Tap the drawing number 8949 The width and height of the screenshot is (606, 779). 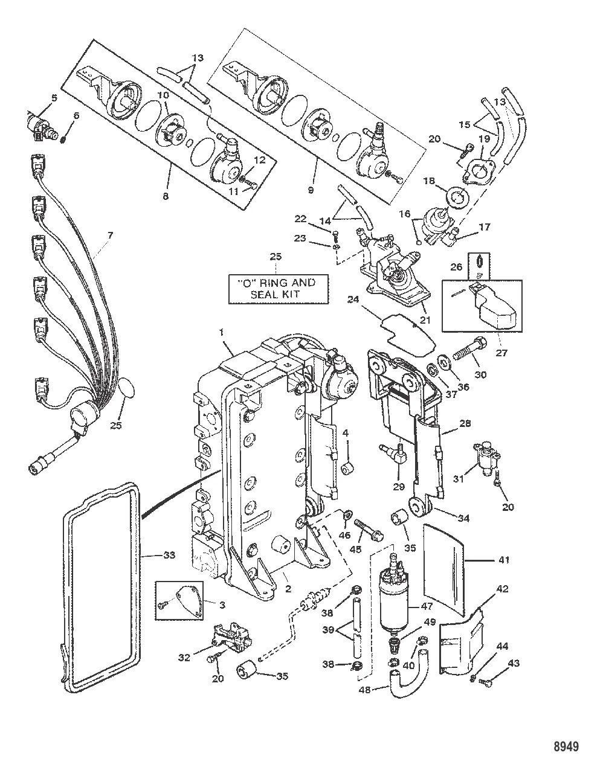point(565,746)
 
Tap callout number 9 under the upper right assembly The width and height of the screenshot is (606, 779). point(311,190)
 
